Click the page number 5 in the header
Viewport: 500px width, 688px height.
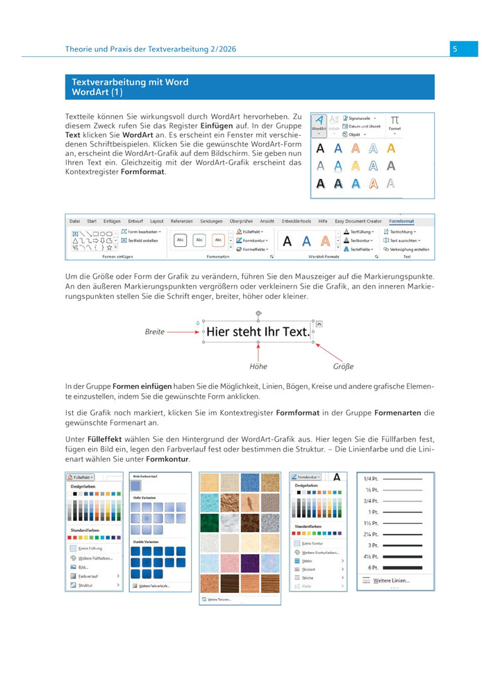(x=454, y=49)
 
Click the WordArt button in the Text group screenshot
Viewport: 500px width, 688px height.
(x=318, y=123)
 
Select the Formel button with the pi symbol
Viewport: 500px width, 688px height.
(x=394, y=123)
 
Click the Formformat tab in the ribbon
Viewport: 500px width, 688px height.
(x=401, y=221)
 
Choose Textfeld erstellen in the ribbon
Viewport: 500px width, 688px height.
(x=142, y=240)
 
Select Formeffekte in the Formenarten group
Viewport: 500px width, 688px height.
(x=255, y=248)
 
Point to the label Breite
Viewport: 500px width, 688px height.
(x=154, y=332)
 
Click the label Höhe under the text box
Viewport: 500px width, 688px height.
(x=258, y=366)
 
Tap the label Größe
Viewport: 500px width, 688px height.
(x=344, y=366)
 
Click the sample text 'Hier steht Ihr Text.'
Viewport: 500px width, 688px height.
(x=258, y=332)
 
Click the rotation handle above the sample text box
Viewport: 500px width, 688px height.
(x=258, y=314)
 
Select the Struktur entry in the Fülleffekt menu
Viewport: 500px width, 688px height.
(x=87, y=585)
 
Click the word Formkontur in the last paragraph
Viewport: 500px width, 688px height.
(x=167, y=459)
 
